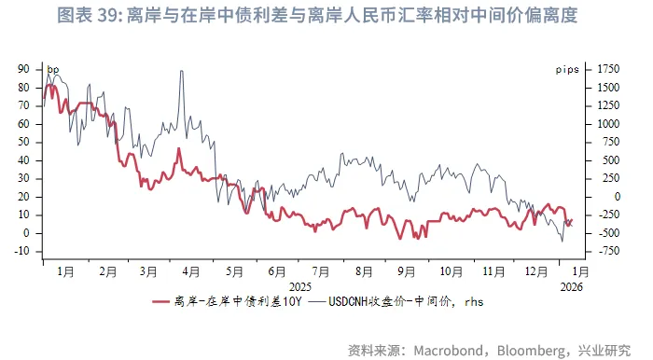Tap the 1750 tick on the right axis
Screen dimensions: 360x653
click(x=607, y=69)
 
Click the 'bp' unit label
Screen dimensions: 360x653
click(x=53, y=69)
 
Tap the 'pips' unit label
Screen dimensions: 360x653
click(x=567, y=69)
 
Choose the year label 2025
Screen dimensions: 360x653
click(x=300, y=286)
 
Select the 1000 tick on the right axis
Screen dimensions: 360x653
click(x=607, y=124)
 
